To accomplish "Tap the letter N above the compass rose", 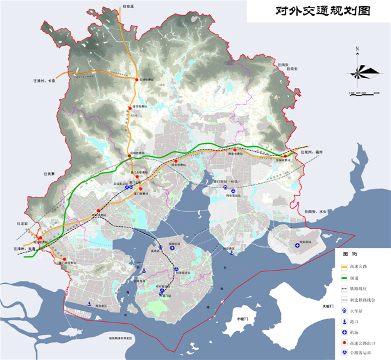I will click(357, 48).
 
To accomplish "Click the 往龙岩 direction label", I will click(23, 223).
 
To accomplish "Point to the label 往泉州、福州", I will click(311, 152).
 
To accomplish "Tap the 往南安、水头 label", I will click(316, 212).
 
